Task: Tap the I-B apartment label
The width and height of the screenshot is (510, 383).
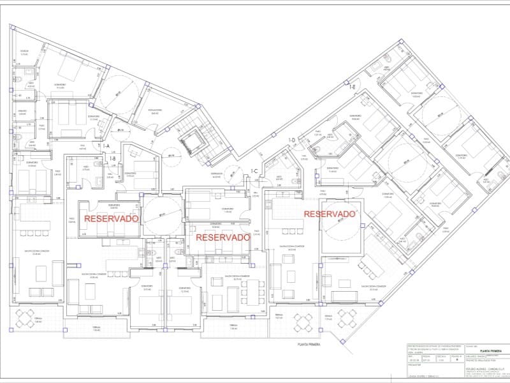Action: coord(112,158)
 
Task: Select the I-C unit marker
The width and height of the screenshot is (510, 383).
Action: coord(254,170)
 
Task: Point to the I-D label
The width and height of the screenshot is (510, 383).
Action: coord(291,140)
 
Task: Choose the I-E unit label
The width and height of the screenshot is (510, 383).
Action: coord(351,86)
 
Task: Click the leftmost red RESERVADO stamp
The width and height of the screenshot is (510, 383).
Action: coord(112,218)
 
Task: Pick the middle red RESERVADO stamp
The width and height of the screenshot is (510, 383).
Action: coord(222,237)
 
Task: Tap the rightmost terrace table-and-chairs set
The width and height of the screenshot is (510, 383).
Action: coord(347,317)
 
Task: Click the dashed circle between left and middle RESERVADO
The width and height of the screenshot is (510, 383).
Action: coord(162,215)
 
